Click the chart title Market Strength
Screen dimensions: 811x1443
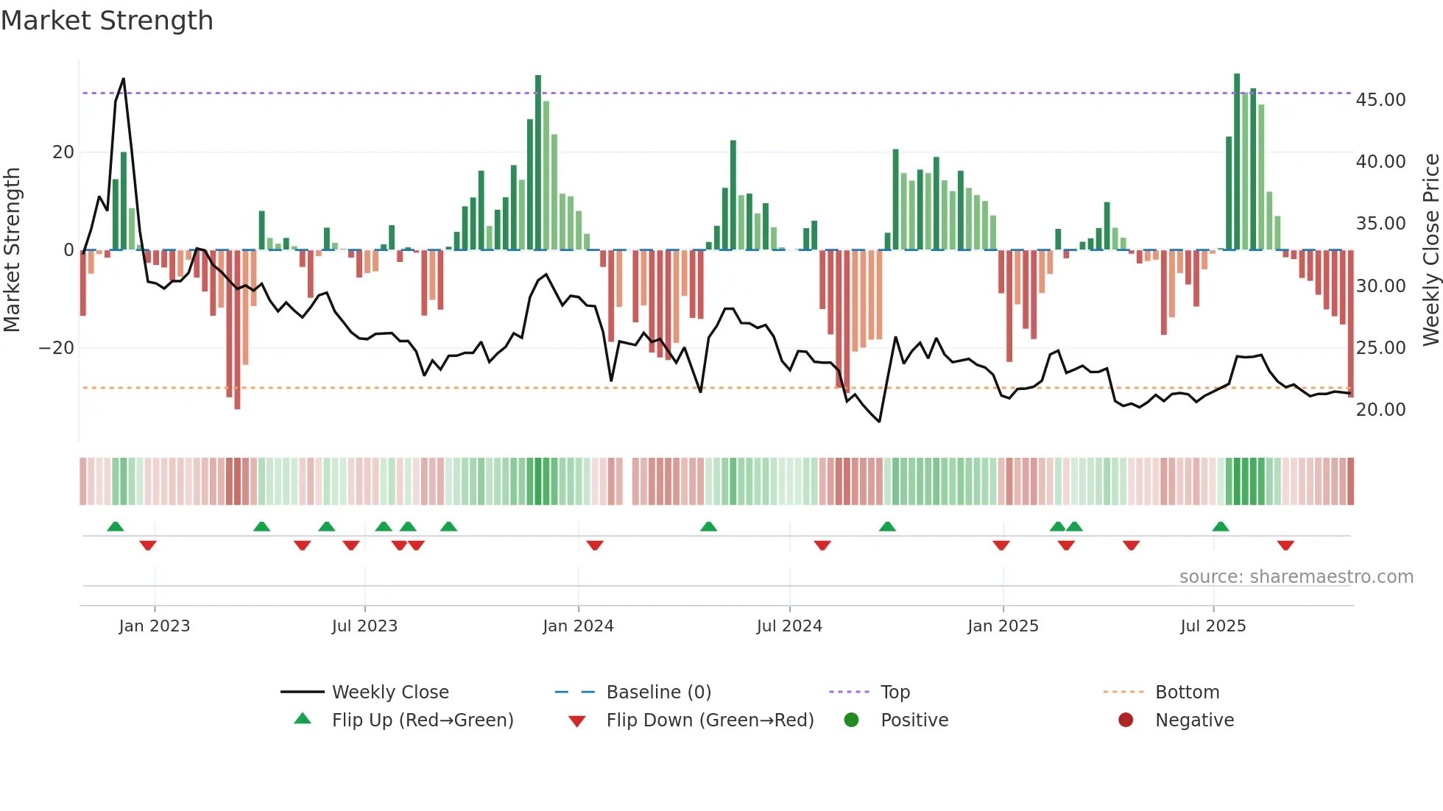point(107,21)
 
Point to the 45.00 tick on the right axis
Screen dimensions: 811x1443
point(1380,99)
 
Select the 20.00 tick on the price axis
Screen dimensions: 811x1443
point(1380,409)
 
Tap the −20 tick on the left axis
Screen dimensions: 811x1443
point(57,347)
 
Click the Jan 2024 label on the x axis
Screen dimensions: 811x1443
point(578,626)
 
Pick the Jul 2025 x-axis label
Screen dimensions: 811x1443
point(1213,626)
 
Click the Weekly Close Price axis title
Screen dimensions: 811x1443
point(1430,249)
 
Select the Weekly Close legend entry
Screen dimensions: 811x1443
point(389,692)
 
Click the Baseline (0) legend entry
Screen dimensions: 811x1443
point(658,692)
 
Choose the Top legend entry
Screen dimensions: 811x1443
point(895,692)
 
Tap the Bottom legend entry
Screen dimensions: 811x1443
point(1187,692)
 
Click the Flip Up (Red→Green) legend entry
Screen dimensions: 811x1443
point(422,720)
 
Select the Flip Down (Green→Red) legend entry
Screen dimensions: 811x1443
point(710,720)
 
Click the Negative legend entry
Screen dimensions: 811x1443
point(1194,720)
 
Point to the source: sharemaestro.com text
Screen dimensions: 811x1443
point(1296,576)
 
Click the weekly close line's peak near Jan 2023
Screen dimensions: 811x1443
point(123,79)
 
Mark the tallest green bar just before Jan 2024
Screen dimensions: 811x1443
point(538,162)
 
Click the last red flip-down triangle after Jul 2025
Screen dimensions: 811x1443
point(1285,545)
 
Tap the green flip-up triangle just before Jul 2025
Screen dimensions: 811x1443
point(1221,526)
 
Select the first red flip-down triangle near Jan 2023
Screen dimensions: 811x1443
point(148,545)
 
